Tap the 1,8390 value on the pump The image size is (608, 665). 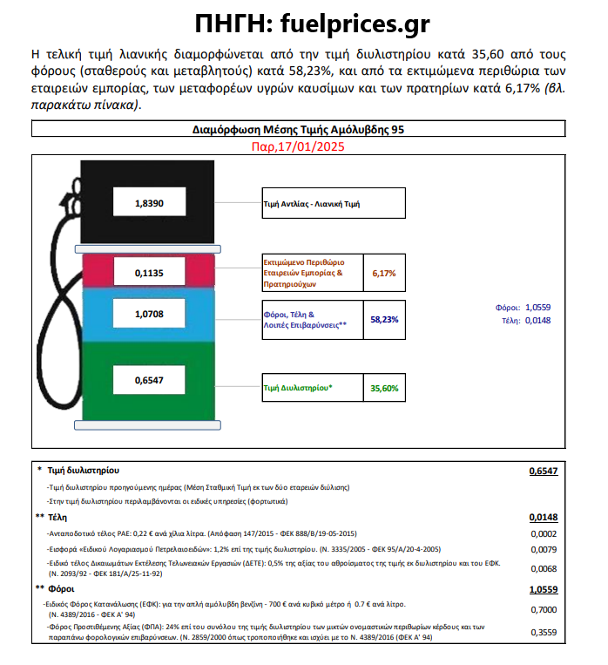pyautogui.click(x=149, y=204)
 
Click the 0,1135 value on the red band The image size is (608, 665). pyautogui.click(x=149, y=273)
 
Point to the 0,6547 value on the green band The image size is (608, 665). pyautogui.click(x=149, y=380)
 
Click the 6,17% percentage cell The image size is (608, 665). pyautogui.click(x=384, y=273)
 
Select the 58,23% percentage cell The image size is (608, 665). pyautogui.click(x=384, y=319)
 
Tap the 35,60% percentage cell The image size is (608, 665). pyautogui.click(x=384, y=388)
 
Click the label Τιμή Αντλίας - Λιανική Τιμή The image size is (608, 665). pyautogui.click(x=312, y=207)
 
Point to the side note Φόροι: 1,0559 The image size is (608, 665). pyautogui.click(x=523, y=307)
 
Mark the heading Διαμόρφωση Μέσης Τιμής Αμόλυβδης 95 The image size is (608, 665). pyautogui.click(x=299, y=130)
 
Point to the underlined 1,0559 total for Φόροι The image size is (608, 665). pyautogui.click(x=543, y=589)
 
